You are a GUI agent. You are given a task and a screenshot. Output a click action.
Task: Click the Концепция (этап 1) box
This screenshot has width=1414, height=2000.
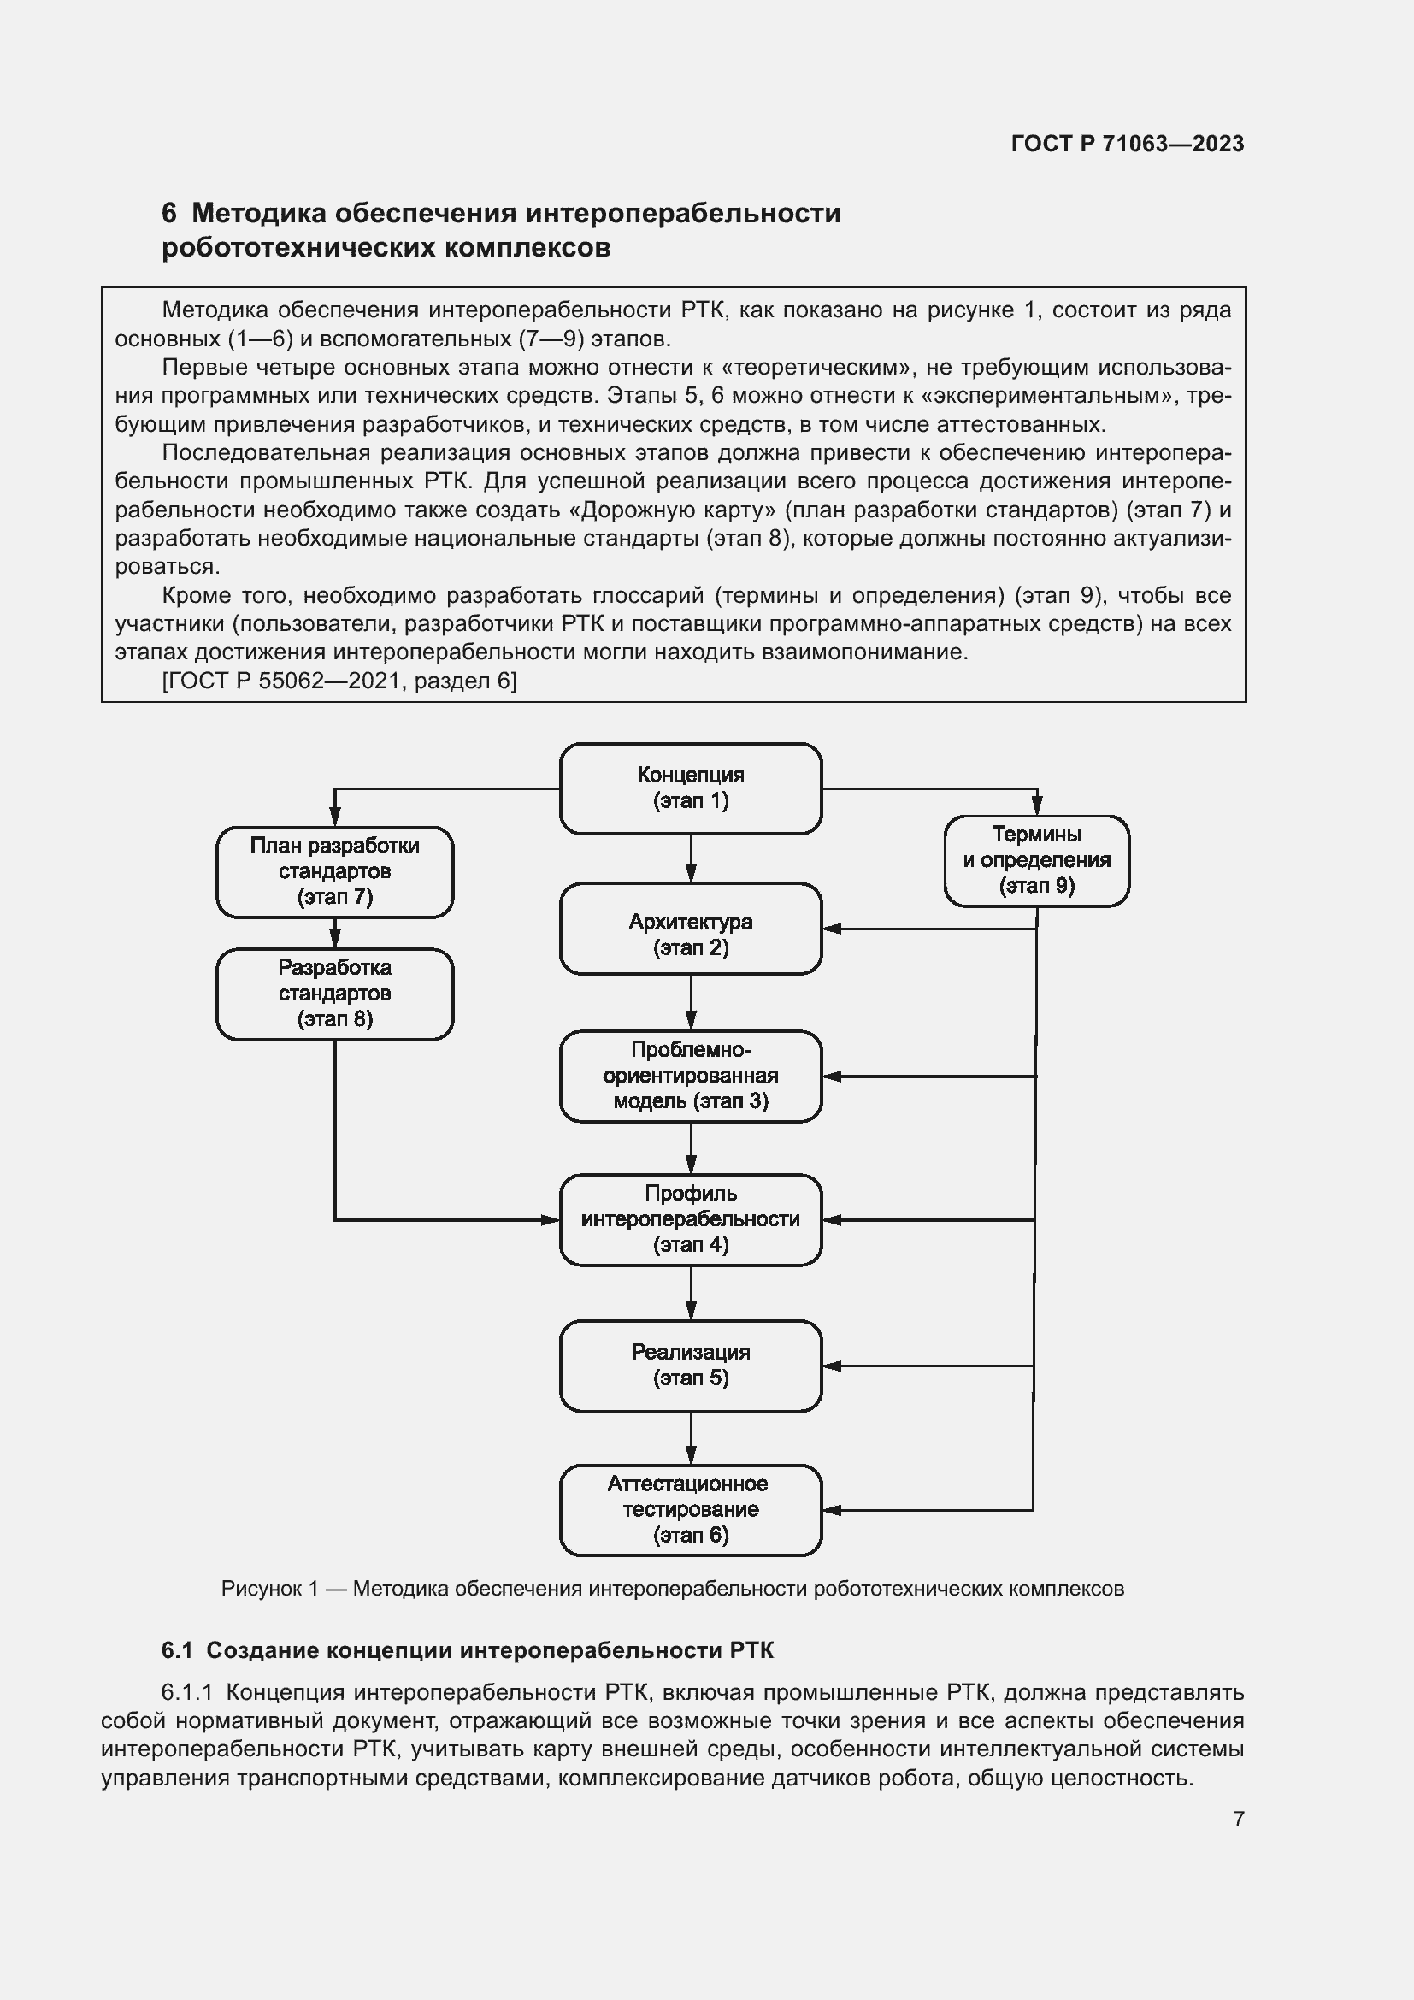pyautogui.click(x=691, y=788)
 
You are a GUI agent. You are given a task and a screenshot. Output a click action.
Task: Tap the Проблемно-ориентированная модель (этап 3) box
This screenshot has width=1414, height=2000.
pyautogui.click(x=691, y=1076)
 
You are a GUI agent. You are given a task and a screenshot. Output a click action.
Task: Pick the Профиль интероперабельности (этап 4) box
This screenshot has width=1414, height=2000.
pyautogui.click(x=691, y=1219)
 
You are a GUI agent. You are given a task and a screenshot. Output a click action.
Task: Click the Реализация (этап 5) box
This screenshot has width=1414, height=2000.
pyautogui.click(x=691, y=1365)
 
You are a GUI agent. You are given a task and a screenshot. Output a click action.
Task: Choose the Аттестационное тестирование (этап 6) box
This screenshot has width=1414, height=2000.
pyautogui.click(x=691, y=1509)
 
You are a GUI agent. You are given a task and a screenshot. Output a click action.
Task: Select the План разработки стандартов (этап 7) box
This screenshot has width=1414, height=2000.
pyautogui.click(x=334, y=871)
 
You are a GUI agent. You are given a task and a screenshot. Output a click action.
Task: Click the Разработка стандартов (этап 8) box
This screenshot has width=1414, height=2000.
pyautogui.click(x=334, y=993)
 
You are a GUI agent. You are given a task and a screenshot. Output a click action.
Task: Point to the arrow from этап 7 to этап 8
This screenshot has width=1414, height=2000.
pyautogui.click(x=334, y=933)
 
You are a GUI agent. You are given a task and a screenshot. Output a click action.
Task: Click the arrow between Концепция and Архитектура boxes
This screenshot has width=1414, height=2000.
pyautogui.click(x=691, y=858)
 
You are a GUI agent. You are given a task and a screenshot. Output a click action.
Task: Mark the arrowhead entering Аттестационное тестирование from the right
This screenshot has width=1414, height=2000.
pyautogui.click(x=832, y=1509)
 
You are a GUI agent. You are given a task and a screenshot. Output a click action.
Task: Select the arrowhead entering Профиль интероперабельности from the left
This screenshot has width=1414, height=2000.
pyautogui.click(x=551, y=1219)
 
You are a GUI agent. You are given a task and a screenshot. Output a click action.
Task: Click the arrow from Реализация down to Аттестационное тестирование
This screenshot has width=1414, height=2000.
pyautogui.click(x=691, y=1437)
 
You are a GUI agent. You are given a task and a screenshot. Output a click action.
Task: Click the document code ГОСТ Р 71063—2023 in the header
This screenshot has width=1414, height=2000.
pyautogui.click(x=1127, y=144)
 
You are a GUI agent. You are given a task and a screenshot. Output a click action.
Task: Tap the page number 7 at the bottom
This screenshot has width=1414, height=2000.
pyautogui.click(x=1238, y=1819)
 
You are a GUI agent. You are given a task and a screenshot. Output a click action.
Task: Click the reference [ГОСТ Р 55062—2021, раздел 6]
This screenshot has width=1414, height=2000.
pyautogui.click(x=339, y=681)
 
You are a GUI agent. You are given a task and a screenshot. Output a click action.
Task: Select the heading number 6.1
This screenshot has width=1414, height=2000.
pyautogui.click(x=177, y=1650)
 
